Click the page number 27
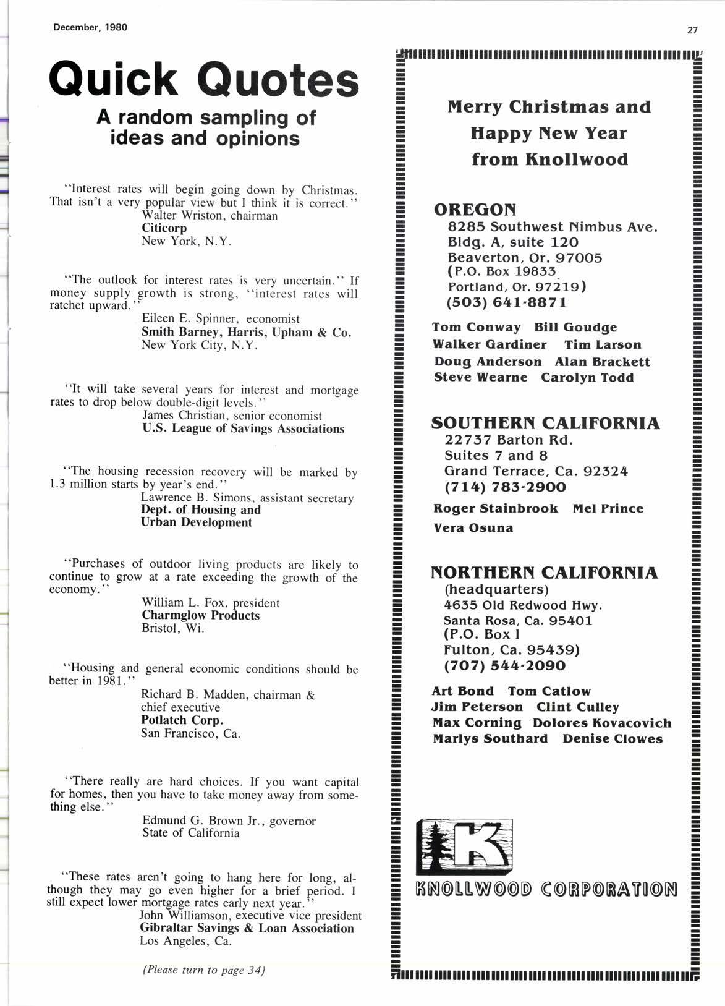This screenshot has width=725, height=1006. pos(692,30)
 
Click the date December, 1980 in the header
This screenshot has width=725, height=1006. pos(90,28)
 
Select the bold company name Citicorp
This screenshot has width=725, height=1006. pos(164,228)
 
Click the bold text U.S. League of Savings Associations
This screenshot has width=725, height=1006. pos(243,428)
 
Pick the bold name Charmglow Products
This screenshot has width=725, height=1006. pos(201,615)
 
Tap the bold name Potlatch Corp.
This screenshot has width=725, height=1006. pos(182,720)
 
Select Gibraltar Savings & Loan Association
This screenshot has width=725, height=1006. pos(247,928)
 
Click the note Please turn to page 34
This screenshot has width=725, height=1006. pos(204,970)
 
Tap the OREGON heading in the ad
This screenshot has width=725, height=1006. pos(475,210)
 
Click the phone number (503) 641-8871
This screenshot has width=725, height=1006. pos(506,303)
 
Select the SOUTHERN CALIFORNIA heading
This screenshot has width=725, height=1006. pos(545,424)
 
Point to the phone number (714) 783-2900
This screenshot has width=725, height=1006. pos(505,487)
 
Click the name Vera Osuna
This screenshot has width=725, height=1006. pos(473,528)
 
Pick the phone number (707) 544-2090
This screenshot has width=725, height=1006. pos(504,666)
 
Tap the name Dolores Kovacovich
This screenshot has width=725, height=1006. pos(602,723)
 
